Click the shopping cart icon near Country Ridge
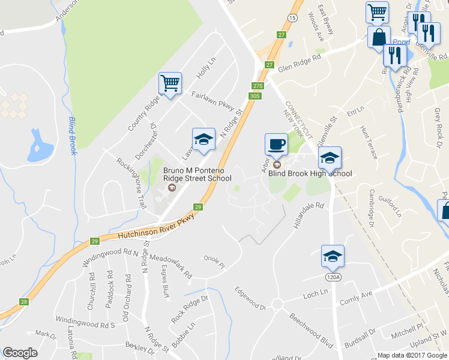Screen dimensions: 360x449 tap(170, 83)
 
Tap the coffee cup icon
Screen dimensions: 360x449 tap(276, 144)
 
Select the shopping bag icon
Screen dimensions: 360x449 tap(379, 37)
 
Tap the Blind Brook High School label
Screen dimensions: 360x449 tap(310, 173)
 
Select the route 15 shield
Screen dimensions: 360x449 tap(292, 19)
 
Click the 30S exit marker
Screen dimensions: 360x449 tap(255, 95)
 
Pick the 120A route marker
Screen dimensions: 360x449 tap(333, 277)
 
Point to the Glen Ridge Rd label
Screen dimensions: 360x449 tap(300, 61)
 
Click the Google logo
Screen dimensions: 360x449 tap(20, 353)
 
